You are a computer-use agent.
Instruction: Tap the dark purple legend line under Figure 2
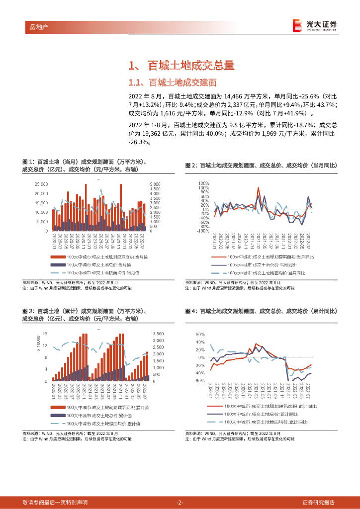(219, 265)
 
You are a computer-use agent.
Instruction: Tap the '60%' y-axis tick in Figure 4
(200, 334)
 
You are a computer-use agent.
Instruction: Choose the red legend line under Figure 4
(219, 406)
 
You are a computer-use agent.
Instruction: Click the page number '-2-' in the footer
(180, 502)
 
